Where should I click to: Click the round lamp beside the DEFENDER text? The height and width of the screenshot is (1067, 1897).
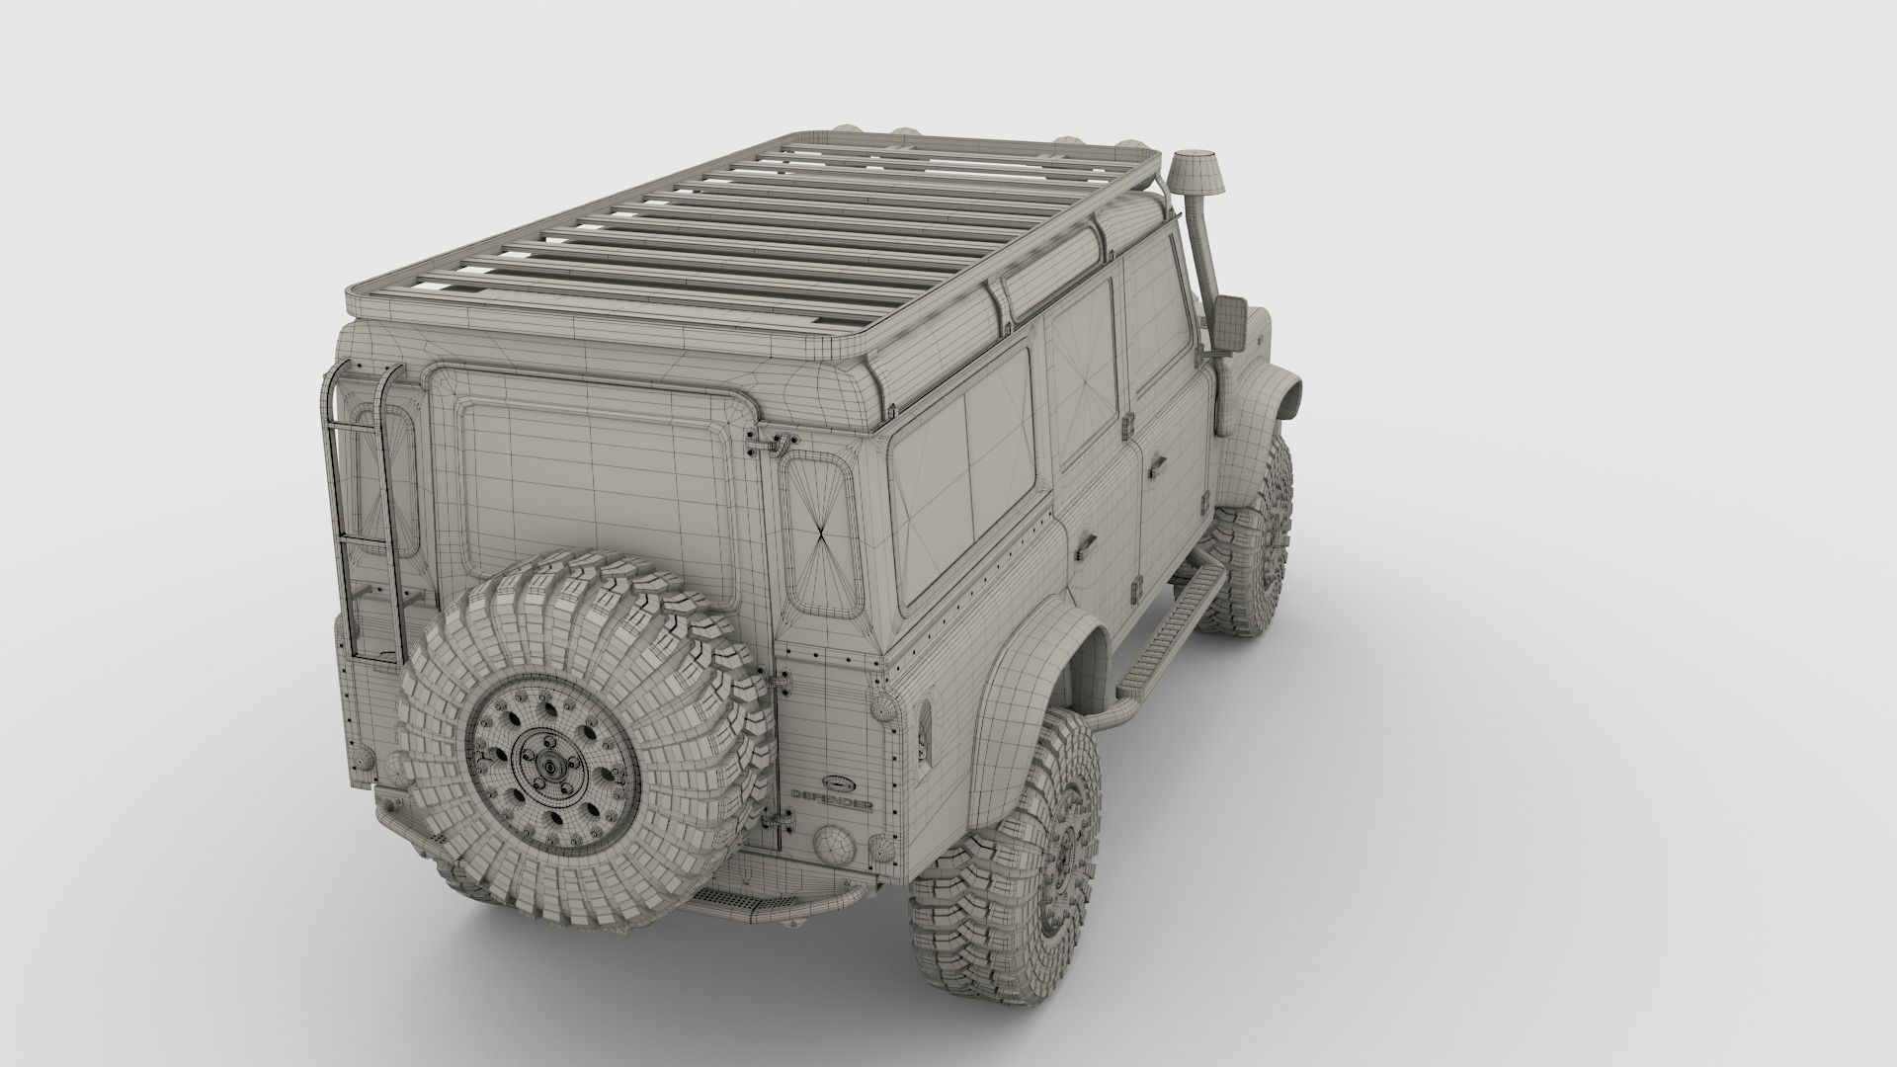pos(832,845)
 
